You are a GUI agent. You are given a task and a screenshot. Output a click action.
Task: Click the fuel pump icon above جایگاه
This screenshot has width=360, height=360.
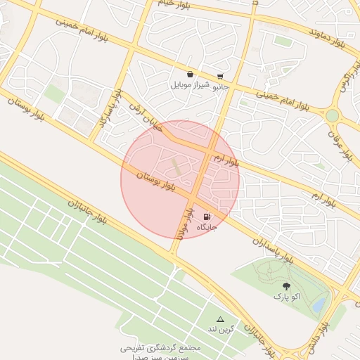pyautogui.click(x=207, y=217)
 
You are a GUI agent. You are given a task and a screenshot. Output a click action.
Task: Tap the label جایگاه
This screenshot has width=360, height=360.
pyautogui.click(x=207, y=228)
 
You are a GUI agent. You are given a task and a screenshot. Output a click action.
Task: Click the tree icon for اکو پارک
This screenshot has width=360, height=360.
pyautogui.click(x=286, y=286)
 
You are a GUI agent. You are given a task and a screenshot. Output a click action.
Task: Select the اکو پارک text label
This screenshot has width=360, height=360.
pyautogui.click(x=286, y=297)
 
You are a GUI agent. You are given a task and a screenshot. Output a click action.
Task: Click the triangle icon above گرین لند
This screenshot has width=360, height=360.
pyautogui.click(x=220, y=319)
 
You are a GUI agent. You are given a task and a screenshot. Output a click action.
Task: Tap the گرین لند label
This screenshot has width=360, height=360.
pyautogui.click(x=219, y=329)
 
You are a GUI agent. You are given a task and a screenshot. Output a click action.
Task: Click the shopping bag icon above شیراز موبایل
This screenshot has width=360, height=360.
pyautogui.click(x=190, y=74)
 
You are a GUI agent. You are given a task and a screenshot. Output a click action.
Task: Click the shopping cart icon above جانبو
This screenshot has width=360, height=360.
pyautogui.click(x=221, y=76)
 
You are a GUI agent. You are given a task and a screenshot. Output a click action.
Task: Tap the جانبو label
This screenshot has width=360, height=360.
pyautogui.click(x=221, y=86)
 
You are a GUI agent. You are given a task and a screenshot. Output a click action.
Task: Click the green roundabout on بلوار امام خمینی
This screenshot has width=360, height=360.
pyautogui.click(x=332, y=115)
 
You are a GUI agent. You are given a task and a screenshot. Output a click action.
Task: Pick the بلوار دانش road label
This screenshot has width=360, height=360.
pyautogui.click(x=317, y=338)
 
